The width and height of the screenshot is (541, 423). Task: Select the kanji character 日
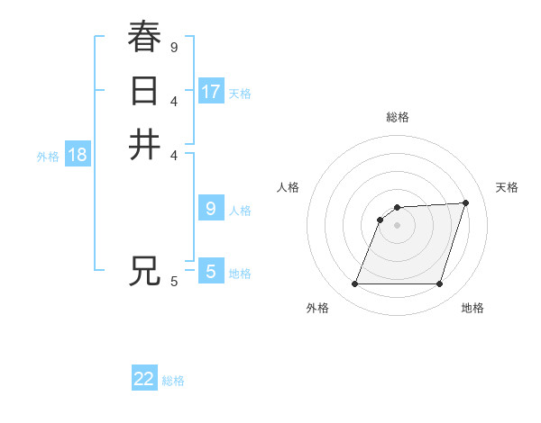(144, 91)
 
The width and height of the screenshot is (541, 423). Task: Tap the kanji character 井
(144, 145)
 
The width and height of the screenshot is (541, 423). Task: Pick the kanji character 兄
(144, 271)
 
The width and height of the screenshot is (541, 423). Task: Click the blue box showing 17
(211, 91)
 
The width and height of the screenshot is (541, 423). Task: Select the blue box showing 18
(78, 155)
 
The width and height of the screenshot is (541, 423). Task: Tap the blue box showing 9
(210, 209)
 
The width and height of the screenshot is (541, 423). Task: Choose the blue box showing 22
(144, 379)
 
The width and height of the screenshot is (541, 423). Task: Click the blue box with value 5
(210, 271)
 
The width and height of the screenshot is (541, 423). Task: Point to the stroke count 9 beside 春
(173, 46)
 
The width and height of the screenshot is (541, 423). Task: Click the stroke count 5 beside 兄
(173, 282)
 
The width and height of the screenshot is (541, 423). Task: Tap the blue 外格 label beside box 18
(48, 157)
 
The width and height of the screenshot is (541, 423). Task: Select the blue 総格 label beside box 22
(173, 381)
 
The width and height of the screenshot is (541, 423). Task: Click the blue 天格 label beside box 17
(240, 93)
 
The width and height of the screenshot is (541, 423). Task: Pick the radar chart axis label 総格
(397, 117)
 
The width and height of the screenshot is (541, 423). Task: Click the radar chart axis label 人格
(288, 187)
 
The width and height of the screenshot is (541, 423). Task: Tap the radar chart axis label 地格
(472, 309)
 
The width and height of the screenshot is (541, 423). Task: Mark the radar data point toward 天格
(466, 202)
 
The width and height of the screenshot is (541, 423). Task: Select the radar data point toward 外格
(354, 284)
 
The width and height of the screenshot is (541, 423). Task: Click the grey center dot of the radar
(397, 225)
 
